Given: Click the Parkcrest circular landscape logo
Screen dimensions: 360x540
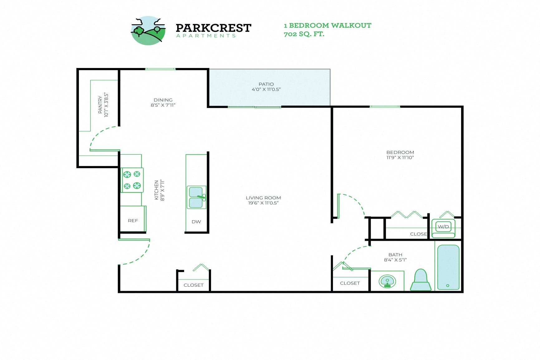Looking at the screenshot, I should click(148, 31).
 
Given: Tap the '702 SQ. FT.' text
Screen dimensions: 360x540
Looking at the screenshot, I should click(304, 34).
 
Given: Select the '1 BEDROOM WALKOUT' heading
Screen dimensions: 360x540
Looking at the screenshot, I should click(327, 26).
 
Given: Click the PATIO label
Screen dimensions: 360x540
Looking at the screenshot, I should click(266, 84).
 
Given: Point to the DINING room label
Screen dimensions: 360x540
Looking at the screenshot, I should click(163, 100).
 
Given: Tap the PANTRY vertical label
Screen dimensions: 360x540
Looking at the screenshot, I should click(100, 105).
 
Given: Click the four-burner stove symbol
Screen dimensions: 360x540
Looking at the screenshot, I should click(132, 180).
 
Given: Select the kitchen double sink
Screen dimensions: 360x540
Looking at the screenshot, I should click(196, 197).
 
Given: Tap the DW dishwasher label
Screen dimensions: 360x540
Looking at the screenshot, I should click(196, 222).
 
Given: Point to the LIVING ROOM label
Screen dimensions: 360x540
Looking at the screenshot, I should click(263, 198).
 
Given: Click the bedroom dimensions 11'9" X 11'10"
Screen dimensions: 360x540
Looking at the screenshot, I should click(400, 158).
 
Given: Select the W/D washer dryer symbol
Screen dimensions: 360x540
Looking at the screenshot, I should click(443, 227).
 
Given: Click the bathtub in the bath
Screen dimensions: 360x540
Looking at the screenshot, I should click(448, 267).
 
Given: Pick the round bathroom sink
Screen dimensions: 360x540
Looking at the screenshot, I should click(387, 281).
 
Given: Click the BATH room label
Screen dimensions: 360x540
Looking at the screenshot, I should click(395, 255).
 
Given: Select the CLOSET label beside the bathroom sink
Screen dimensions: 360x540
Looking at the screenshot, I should click(350, 283).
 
